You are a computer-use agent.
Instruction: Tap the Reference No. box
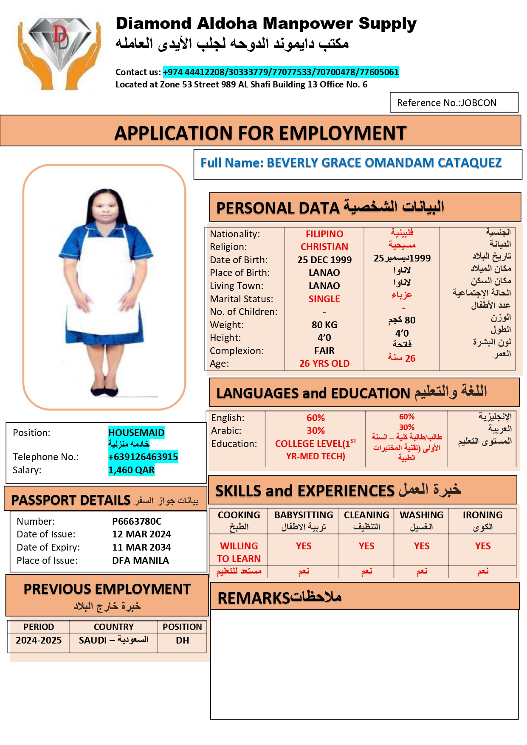click(454, 103)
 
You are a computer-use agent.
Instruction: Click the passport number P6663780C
click(137, 521)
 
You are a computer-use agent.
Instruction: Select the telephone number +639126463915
click(143, 457)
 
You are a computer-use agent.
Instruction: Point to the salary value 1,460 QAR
click(131, 470)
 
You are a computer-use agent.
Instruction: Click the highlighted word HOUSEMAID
click(136, 433)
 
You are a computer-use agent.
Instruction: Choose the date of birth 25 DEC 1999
click(324, 260)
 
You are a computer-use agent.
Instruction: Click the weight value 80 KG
click(324, 325)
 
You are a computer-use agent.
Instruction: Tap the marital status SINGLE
click(324, 299)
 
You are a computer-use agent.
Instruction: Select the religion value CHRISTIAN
click(324, 247)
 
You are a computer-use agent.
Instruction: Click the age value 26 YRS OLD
click(324, 363)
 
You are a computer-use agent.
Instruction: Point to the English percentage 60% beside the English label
click(316, 418)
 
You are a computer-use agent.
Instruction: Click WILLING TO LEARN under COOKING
click(239, 552)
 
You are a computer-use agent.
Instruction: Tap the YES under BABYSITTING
click(304, 546)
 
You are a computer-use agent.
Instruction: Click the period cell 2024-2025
click(39, 640)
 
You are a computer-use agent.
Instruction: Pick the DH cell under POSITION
click(182, 640)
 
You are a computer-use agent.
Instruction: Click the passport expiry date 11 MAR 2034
click(141, 547)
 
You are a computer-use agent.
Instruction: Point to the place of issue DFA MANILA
click(141, 560)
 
